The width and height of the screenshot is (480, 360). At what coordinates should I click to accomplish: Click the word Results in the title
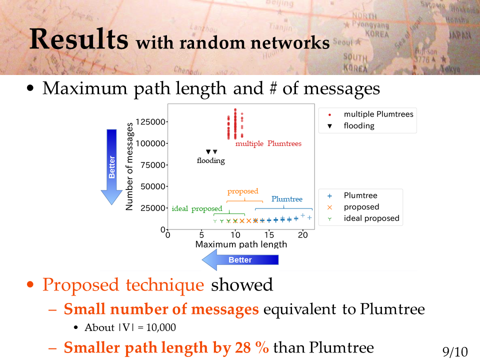(x=78, y=39)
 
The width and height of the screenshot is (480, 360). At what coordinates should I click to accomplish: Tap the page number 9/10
(x=455, y=351)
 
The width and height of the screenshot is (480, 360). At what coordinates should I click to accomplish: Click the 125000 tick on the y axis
(x=150, y=122)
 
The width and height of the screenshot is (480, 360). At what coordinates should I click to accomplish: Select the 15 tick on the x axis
(x=269, y=235)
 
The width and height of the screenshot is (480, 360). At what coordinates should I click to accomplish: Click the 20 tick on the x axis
(x=303, y=235)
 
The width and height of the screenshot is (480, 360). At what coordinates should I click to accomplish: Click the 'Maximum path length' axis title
(x=241, y=244)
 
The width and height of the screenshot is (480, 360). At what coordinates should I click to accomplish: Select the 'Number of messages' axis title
(x=129, y=166)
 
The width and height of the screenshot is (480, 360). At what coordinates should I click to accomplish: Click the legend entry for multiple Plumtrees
(x=370, y=114)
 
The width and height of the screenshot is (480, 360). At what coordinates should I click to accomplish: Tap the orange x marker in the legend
(x=329, y=207)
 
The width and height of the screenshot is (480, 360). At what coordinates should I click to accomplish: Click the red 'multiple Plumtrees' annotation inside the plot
(x=268, y=143)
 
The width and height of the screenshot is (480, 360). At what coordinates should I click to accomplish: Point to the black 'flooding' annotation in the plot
(x=211, y=160)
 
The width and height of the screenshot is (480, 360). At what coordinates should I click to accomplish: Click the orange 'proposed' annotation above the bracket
(x=243, y=191)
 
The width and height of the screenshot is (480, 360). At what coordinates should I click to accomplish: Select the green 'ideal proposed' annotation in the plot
(x=197, y=208)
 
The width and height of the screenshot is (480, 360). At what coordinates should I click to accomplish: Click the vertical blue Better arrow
(x=111, y=167)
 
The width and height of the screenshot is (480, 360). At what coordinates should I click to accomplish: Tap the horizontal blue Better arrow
(x=240, y=260)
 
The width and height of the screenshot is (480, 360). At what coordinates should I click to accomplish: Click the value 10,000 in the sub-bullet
(x=161, y=327)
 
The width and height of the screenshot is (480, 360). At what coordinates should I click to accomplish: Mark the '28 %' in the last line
(x=252, y=347)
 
